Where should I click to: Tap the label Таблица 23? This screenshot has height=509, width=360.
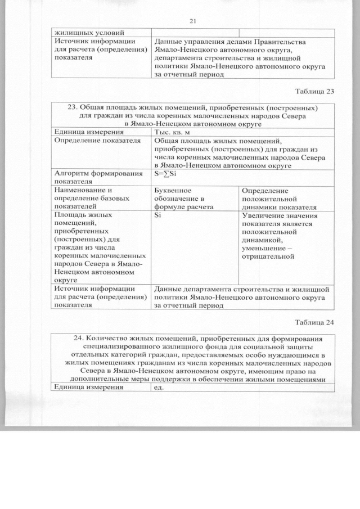pyautogui.click(x=314, y=92)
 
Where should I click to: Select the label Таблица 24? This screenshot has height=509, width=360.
pyautogui.click(x=314, y=322)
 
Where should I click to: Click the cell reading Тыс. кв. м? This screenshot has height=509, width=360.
pyautogui.click(x=175, y=132)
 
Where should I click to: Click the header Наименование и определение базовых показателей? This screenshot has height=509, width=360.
pyautogui.click(x=91, y=198)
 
